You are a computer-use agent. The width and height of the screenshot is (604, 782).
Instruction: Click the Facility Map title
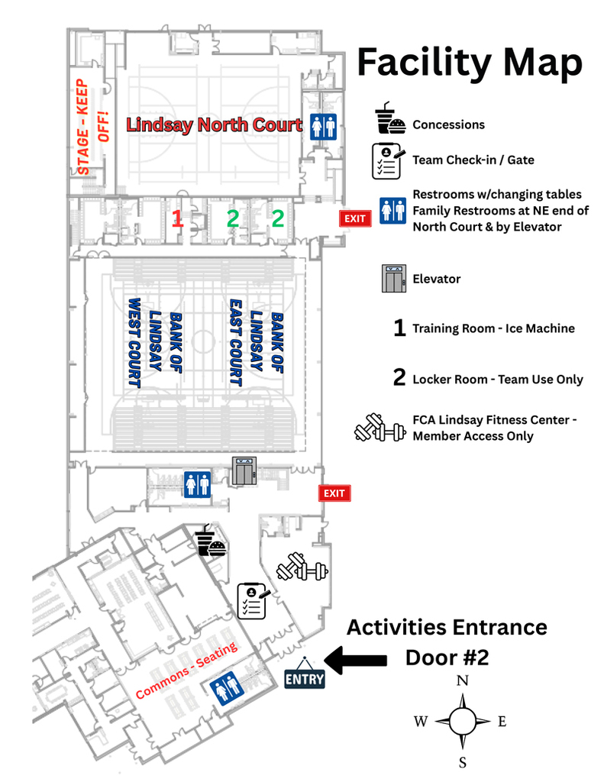point(470,63)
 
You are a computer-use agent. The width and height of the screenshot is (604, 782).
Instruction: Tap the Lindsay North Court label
point(215,124)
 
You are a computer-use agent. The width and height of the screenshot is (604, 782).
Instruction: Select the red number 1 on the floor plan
point(177,219)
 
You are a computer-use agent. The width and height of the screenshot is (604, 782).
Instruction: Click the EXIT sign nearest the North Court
point(355,218)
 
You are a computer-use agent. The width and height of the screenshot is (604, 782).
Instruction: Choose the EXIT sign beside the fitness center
point(334,493)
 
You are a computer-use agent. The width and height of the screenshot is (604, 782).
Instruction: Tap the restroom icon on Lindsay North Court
point(323,127)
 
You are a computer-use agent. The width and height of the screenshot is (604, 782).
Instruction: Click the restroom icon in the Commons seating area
point(228,687)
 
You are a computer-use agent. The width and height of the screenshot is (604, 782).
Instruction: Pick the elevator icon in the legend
point(393,279)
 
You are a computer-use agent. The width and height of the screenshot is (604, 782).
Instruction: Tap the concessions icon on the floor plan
point(208,541)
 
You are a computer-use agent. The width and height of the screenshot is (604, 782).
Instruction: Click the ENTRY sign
point(305,677)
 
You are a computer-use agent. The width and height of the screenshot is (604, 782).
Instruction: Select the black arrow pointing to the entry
point(357,658)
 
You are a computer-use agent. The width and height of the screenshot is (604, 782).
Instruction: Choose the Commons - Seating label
point(186,671)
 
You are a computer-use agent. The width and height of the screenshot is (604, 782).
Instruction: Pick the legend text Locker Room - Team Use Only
point(497,380)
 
